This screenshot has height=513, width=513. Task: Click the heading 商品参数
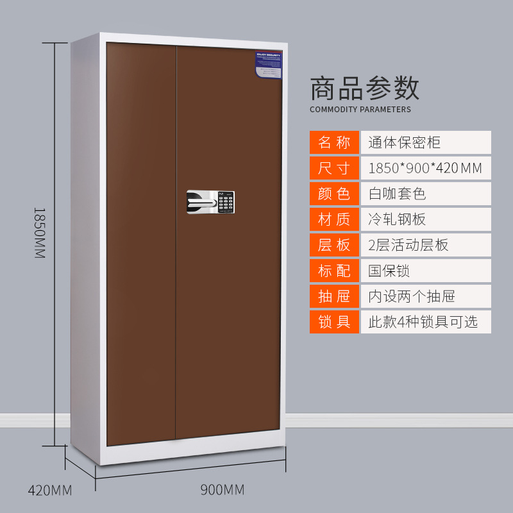point(364,88)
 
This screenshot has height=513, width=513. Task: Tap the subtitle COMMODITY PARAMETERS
point(360,110)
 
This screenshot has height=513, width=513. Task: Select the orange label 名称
point(334,142)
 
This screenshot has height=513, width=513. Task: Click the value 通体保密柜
point(404,142)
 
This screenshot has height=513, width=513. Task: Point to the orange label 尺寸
point(334,169)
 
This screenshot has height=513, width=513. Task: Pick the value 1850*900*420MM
point(425,169)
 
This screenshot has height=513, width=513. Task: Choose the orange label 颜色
point(334,194)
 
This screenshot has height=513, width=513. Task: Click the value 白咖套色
point(397,194)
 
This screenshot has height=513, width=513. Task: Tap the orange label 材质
point(334,219)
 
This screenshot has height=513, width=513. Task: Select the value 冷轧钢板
point(397,219)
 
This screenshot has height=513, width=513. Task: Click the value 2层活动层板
point(408,245)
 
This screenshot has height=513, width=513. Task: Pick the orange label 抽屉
point(334,296)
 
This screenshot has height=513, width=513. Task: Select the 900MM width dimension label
point(223,491)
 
